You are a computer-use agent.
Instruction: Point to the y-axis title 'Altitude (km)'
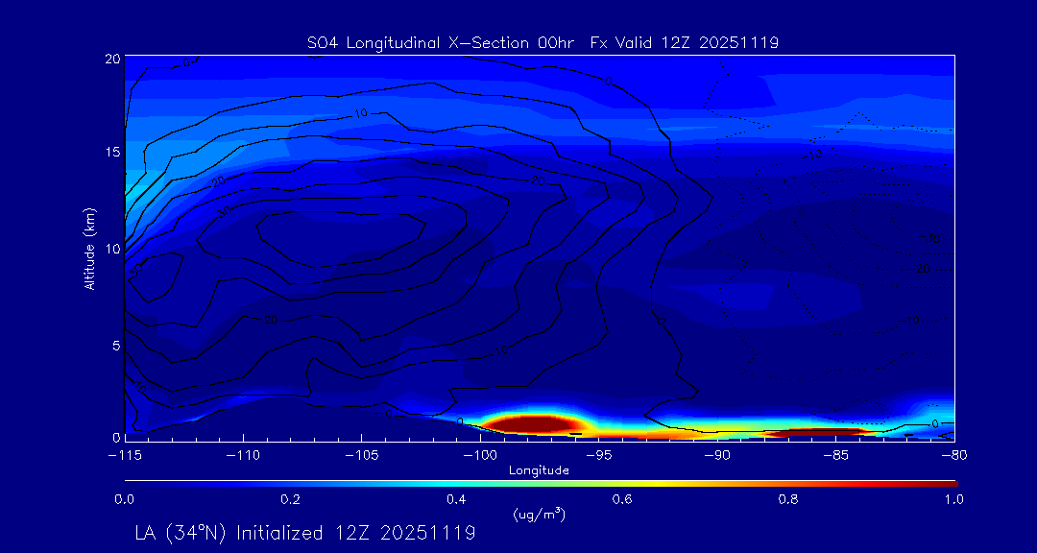89,248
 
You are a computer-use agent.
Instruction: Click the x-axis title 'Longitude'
539,470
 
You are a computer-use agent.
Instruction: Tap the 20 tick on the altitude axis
111,59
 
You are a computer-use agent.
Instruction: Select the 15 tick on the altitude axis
111,153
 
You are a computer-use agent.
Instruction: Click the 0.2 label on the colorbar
290,499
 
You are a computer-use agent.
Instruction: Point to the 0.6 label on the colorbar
623,499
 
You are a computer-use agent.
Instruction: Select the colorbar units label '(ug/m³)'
539,515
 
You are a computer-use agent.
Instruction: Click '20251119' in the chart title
740,43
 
